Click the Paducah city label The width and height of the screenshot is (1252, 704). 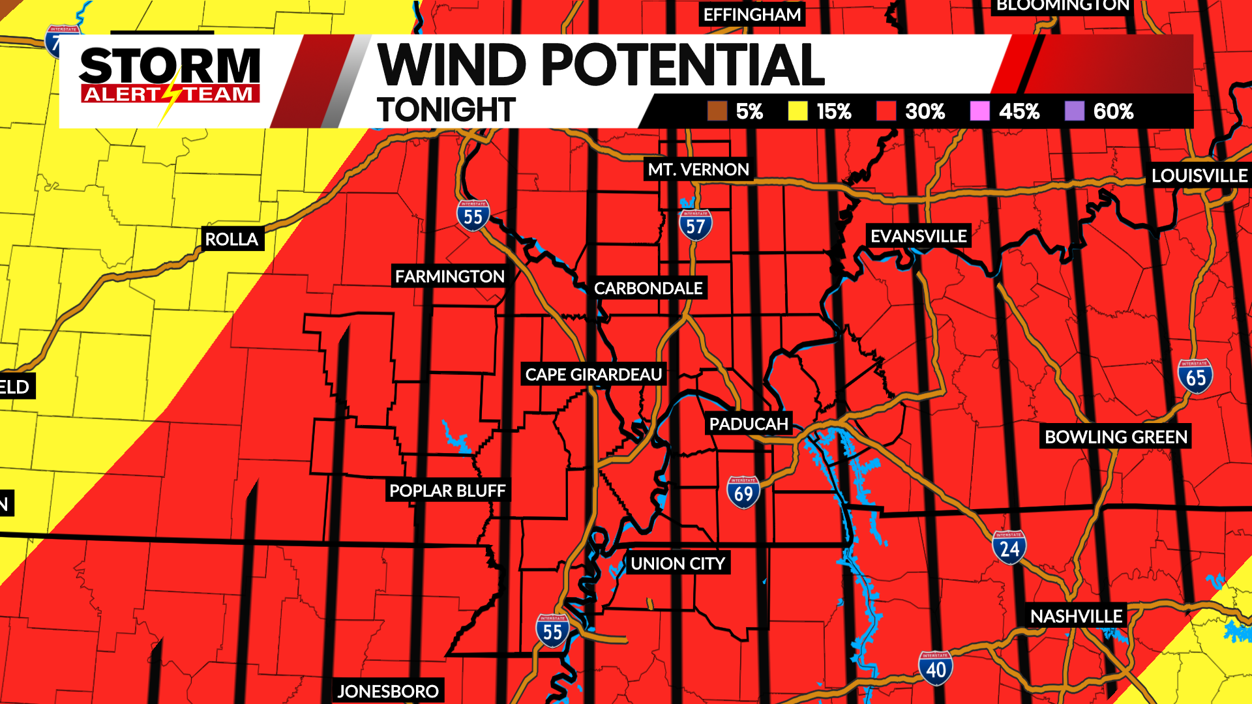tap(749, 424)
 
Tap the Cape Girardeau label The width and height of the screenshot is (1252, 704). tap(593, 375)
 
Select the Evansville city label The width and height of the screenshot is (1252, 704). tap(918, 236)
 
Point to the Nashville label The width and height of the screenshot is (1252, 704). tap(1076, 616)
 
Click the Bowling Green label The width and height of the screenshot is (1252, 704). tap(1116, 437)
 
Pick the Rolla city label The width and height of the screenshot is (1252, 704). tap(231, 239)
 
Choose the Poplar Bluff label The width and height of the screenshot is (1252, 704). tap(447, 491)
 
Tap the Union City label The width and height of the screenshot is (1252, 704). tap(678, 564)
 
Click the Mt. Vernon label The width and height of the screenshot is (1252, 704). tap(698, 169)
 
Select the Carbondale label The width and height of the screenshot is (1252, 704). tap(648, 288)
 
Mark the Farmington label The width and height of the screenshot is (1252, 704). tap(449, 276)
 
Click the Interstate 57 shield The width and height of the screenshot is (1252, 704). tap(695, 225)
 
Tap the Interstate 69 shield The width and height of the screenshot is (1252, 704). tap(743, 492)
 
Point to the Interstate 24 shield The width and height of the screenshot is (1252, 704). tap(1009, 548)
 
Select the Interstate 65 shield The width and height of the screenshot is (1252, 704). tap(1195, 376)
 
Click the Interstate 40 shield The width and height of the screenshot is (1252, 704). tap(936, 668)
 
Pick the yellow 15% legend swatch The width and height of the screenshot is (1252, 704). tap(797, 111)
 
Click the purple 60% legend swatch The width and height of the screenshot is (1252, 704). tap(1074, 111)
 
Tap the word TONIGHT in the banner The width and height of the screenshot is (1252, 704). tap(446, 110)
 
